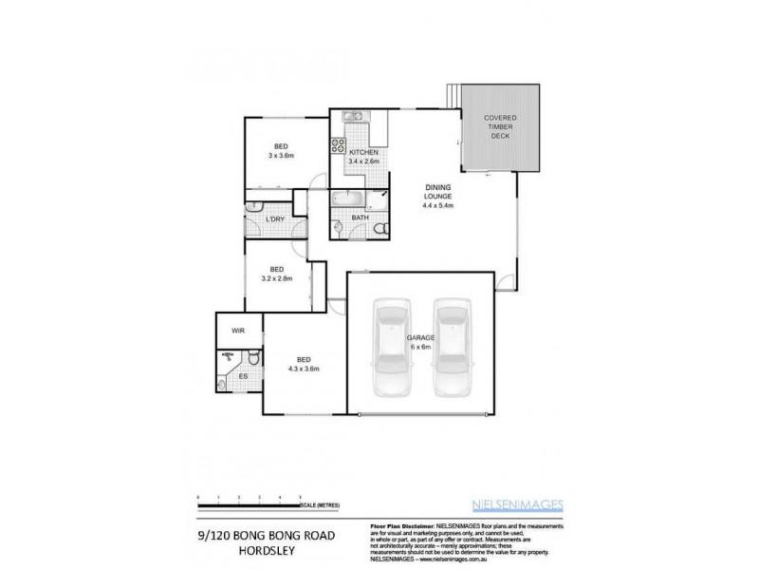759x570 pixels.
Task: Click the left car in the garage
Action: [392, 349]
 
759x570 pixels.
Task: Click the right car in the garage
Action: [453, 349]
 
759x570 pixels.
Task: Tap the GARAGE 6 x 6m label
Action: [421, 342]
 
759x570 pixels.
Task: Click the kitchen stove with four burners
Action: [339, 146]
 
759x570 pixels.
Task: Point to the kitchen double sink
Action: [350, 117]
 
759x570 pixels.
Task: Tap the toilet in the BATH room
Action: [379, 229]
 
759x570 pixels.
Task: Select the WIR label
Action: [238, 332]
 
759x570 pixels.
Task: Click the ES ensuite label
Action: [243, 377]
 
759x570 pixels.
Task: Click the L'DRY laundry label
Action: [277, 219]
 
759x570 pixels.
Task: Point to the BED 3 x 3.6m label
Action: [282, 151]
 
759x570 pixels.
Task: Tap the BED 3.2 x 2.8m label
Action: [278, 273]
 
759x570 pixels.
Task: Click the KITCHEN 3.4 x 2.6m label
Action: [363, 157]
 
